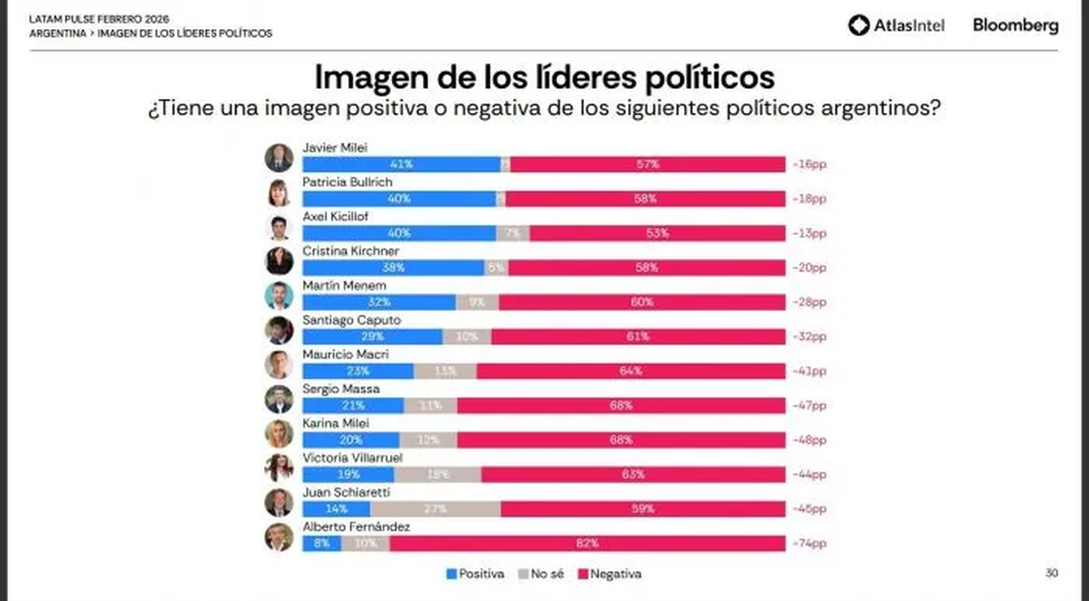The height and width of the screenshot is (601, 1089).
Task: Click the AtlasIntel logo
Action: point(896,25)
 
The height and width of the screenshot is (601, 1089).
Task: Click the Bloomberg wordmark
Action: point(1015,25)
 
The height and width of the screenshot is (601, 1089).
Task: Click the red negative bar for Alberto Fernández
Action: point(587,543)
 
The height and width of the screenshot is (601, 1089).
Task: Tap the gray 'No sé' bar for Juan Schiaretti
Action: point(435,509)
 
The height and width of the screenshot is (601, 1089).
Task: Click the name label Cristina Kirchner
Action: point(338,251)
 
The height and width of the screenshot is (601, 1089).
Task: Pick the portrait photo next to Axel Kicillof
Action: point(279,227)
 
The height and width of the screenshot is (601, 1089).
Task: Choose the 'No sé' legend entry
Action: point(541,574)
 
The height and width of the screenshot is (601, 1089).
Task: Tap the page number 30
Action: point(1051,572)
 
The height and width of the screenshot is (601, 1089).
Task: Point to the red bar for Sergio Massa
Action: point(621,405)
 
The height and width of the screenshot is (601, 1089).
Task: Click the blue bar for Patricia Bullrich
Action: point(398,199)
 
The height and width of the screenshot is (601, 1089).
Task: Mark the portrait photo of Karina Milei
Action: point(279,433)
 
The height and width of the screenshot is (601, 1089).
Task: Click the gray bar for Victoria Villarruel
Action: point(437,474)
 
